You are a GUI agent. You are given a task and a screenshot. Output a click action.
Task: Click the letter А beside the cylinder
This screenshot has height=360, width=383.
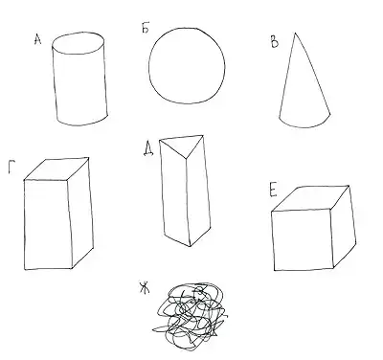click(x=37, y=39)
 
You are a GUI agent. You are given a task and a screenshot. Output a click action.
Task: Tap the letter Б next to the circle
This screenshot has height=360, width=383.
click(x=146, y=28)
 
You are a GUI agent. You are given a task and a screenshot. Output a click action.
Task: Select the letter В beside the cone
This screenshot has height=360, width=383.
click(x=274, y=42)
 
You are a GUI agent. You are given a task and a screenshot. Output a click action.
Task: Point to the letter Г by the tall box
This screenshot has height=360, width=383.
click(x=11, y=168)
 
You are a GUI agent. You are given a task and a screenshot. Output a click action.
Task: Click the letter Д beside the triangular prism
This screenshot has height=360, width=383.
click(x=148, y=149)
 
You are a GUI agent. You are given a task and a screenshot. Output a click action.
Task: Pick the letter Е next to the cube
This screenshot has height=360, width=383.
click(x=273, y=191)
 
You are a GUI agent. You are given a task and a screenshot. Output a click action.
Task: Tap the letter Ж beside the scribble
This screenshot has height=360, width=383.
click(x=145, y=287)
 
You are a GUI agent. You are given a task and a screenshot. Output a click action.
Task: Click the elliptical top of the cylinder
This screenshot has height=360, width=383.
click(x=79, y=43)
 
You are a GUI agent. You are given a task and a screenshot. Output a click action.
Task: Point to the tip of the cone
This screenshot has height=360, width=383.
click(x=295, y=33)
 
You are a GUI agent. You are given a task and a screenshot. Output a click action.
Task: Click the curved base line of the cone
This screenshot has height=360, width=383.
click(x=304, y=127)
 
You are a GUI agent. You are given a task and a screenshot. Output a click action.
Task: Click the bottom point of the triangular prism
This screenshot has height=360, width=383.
click(x=191, y=246)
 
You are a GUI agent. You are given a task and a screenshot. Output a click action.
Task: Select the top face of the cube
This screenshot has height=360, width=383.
click(x=310, y=198)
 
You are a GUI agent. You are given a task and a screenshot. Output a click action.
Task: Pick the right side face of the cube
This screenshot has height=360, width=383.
click(x=343, y=227)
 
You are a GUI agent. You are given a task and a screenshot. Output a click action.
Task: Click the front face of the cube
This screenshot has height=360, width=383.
click(x=303, y=240)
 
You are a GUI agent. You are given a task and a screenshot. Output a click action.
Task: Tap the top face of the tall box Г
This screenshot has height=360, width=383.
click(x=56, y=169)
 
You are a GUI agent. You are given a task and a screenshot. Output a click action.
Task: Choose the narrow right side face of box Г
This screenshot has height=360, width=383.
click(x=80, y=213)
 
